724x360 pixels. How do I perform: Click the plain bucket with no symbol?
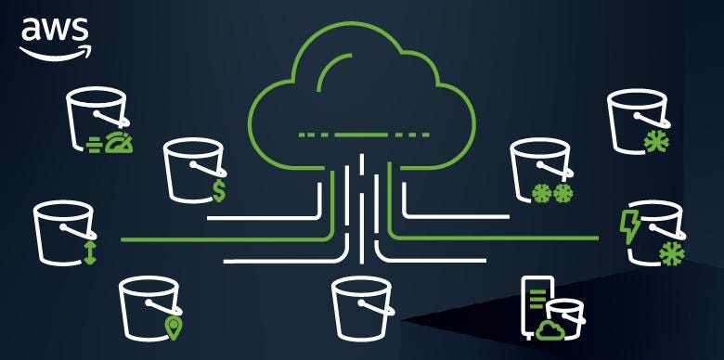pos(363,305)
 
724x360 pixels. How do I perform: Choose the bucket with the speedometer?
pos(95,119)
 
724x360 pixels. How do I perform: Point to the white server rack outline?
pos(537,302)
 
